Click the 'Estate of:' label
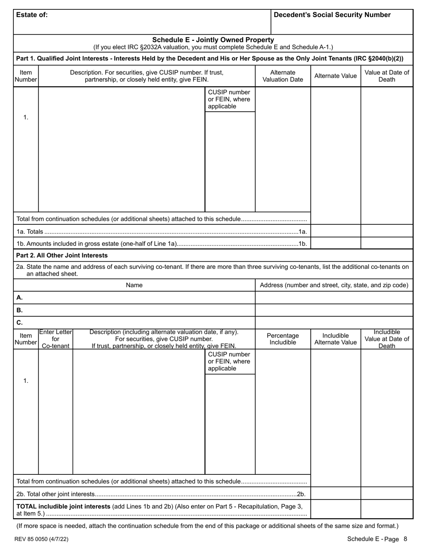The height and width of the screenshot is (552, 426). [x=32, y=15]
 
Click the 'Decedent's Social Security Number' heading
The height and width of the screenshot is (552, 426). [x=332, y=15]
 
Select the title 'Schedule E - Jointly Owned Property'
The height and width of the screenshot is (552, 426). [x=213, y=40]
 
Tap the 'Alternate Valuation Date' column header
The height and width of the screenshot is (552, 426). [x=283, y=76]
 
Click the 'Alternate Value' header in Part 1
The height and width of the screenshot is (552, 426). [x=335, y=76]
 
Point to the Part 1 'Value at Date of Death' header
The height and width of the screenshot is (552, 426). [x=387, y=76]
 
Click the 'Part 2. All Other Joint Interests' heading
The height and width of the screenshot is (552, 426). [x=62, y=255]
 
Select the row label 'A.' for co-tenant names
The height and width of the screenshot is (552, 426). [x=19, y=298]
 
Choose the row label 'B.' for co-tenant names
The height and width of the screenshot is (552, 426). [x=19, y=310]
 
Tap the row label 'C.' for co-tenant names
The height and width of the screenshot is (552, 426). [x=19, y=322]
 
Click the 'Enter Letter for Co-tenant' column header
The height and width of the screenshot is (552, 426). [x=56, y=339]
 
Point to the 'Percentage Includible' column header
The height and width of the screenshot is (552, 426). [x=283, y=339]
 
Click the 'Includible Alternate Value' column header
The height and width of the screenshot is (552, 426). [x=335, y=339]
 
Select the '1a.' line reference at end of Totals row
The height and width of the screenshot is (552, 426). [x=303, y=232]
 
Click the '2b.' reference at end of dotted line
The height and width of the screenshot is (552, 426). [x=301, y=494]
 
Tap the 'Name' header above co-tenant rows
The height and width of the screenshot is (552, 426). [x=134, y=285]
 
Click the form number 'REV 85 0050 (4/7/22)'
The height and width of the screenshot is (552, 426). [x=41, y=539]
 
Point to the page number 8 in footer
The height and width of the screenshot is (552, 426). [x=405, y=539]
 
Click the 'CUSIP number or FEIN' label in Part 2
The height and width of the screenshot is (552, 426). [x=229, y=362]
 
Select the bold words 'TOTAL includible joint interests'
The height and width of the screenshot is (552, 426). [x=63, y=506]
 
